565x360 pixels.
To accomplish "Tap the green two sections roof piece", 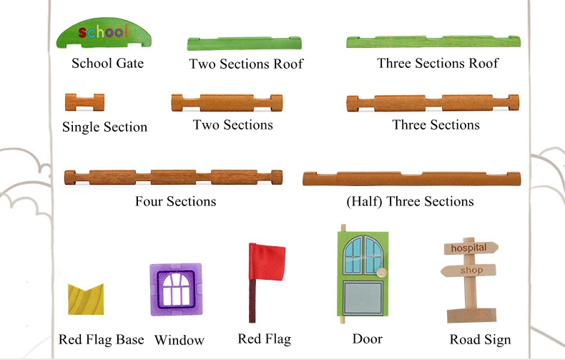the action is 245,44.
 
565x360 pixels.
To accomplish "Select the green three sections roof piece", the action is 433,42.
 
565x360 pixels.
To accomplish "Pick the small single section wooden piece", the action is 84,102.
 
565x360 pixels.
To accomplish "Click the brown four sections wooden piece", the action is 173,177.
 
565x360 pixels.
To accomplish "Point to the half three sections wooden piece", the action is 411,179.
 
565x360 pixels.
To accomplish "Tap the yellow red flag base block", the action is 86,300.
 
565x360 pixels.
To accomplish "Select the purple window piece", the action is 176,290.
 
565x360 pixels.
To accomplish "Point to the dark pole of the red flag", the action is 252,301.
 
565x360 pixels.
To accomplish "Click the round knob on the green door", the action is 381,273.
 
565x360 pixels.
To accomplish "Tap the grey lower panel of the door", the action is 363,298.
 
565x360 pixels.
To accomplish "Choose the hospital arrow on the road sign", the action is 471,248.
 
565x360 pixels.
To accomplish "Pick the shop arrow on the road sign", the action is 468,271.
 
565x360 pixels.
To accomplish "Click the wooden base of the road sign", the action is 472,316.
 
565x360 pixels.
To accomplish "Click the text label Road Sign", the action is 480,339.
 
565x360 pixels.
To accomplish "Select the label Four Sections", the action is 175,201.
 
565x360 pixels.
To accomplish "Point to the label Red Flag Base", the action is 102,339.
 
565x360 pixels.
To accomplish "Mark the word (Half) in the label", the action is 364,201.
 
